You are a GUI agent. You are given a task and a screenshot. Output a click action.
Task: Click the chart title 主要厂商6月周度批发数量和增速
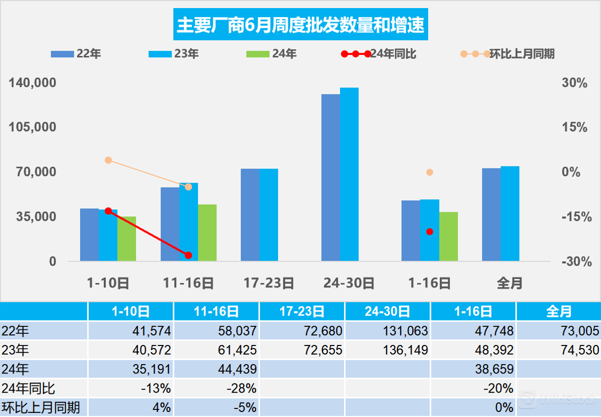pos(300,25)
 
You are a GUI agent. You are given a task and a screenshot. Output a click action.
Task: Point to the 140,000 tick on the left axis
pos(32,83)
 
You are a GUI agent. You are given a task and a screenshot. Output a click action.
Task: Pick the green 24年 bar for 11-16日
pos(207,232)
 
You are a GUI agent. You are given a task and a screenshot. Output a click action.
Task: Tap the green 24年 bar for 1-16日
pos(448,236)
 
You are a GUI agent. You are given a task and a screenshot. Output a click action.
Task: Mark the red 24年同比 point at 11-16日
pos(188,255)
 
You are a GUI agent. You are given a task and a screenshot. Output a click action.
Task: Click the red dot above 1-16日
pos(429,231)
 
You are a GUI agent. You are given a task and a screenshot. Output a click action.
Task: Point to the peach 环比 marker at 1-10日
pos(108,160)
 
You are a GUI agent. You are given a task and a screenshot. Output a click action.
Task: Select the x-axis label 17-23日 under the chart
pos(269,283)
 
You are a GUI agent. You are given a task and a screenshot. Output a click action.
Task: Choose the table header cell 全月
pos(558,311)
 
